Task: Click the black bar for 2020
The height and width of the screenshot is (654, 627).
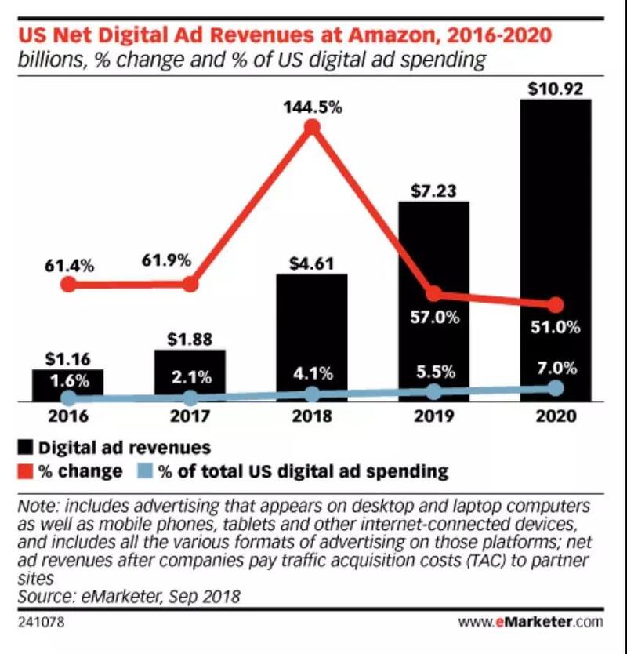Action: click(x=555, y=251)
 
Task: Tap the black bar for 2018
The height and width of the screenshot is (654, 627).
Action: click(x=312, y=337)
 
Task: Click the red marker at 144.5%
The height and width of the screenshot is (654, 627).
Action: click(x=313, y=127)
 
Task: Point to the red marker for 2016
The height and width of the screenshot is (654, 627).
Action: click(x=69, y=284)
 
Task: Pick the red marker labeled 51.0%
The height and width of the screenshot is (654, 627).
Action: click(x=556, y=304)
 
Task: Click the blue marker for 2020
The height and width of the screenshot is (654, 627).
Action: click(x=556, y=388)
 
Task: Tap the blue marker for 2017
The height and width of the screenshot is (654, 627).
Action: click(x=190, y=398)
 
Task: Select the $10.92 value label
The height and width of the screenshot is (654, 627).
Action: click(x=555, y=89)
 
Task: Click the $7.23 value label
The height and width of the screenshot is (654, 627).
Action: click(x=433, y=191)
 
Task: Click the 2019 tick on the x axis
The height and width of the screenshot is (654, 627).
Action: click(x=433, y=416)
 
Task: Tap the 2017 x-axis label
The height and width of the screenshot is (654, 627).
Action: click(x=190, y=416)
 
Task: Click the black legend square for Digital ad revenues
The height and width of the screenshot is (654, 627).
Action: click(x=25, y=448)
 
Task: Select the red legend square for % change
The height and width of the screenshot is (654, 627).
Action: click(x=25, y=471)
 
